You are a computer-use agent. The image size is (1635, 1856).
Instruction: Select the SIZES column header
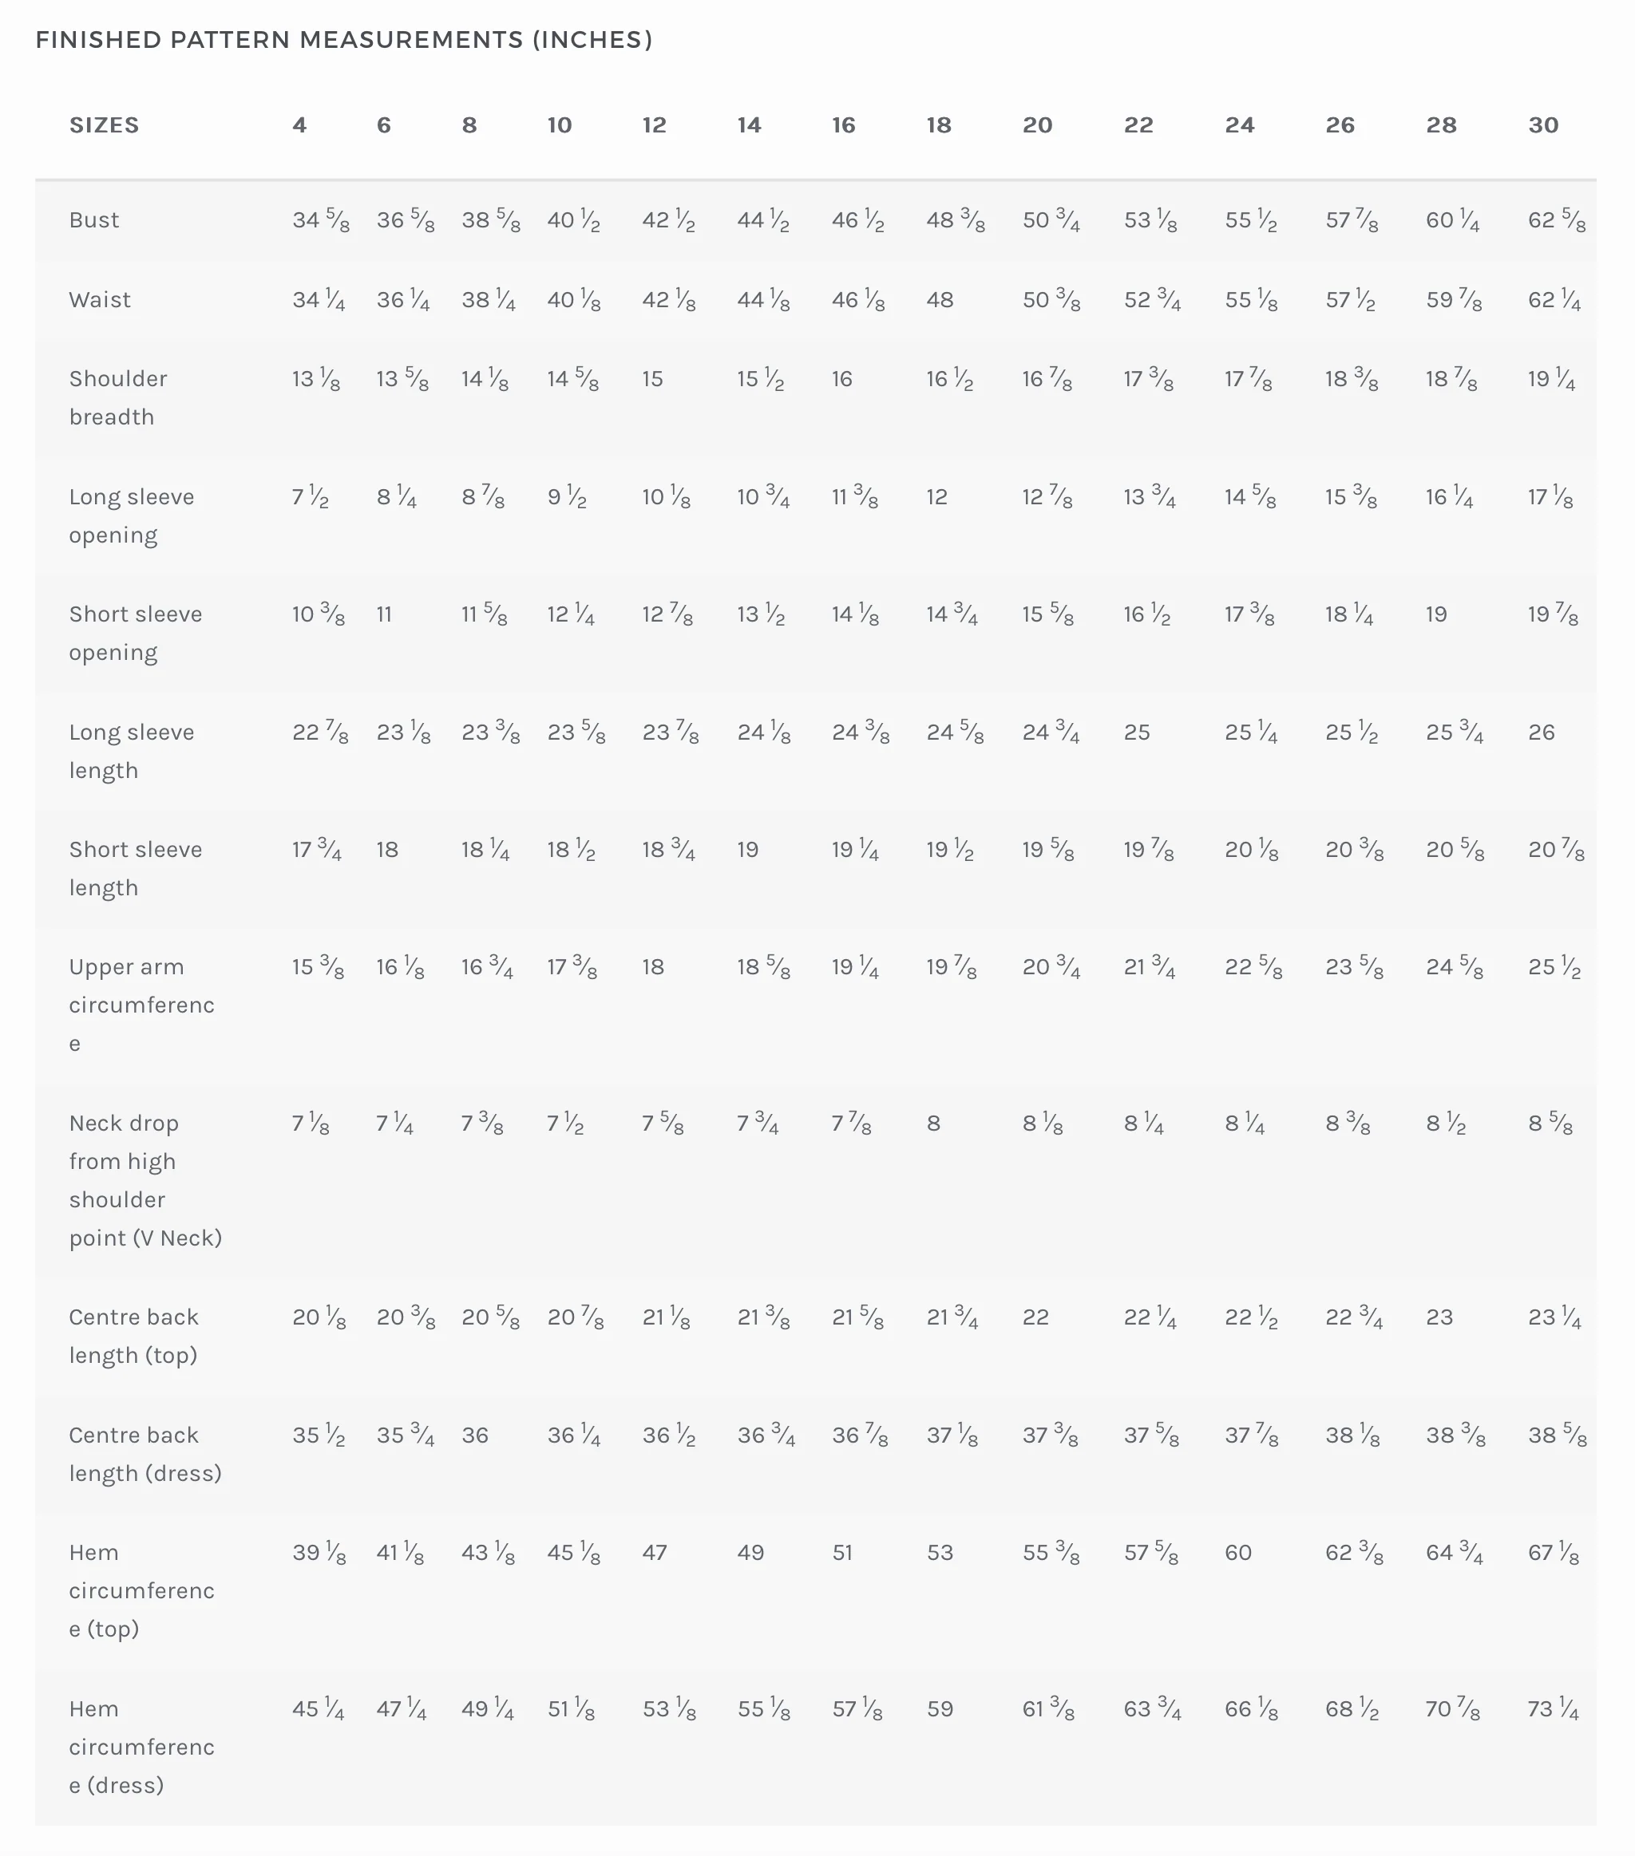coord(105,125)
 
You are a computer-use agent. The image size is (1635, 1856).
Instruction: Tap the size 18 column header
coord(939,125)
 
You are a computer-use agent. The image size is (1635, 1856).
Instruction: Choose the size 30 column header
coord(1543,125)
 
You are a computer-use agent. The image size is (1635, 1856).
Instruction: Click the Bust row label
coord(94,219)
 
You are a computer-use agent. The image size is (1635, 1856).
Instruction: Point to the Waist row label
coord(100,300)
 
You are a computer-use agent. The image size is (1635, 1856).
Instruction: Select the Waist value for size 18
coord(940,300)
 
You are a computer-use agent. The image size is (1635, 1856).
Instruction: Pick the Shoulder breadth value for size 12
coord(653,379)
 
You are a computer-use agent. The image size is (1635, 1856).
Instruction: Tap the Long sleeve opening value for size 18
coord(937,496)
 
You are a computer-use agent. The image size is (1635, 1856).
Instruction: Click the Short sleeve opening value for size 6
coord(384,614)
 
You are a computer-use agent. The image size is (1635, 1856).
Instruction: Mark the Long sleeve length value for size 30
coord(1542,732)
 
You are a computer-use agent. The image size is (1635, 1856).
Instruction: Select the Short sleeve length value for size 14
coord(747,850)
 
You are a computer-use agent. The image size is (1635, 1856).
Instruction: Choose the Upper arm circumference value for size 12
coord(653,967)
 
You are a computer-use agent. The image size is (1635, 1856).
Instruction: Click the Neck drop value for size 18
coord(934,1123)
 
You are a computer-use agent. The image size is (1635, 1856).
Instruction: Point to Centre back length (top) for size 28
coord(1439,1317)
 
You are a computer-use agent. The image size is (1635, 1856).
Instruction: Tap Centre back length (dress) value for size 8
coord(475,1435)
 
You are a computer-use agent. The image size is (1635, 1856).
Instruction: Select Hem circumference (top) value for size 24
coord(1238,1553)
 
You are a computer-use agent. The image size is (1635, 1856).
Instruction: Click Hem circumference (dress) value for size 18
coord(940,1709)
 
